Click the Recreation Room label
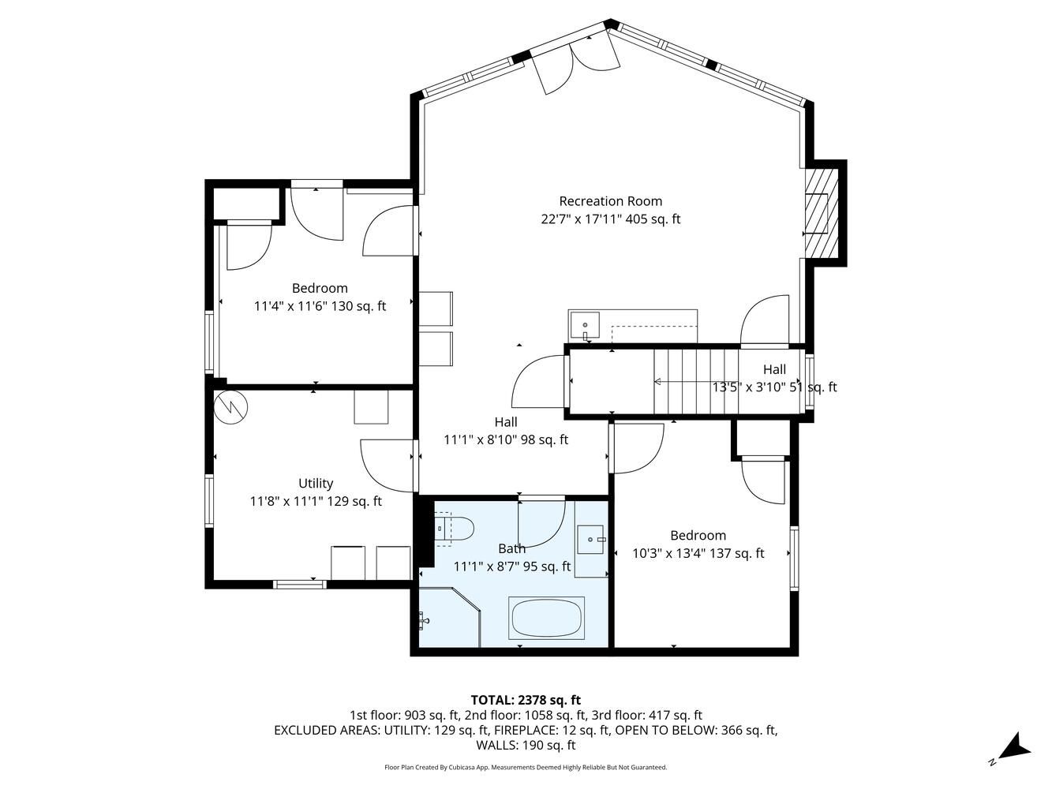[x=610, y=200]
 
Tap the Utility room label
[x=316, y=484]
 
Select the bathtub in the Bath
[x=546, y=618]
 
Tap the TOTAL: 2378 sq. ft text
[x=526, y=700]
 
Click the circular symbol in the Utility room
[x=231, y=407]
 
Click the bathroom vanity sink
[x=590, y=540]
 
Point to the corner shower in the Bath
[x=450, y=617]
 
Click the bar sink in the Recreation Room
[x=585, y=326]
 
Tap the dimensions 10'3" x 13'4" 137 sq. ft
[x=698, y=553]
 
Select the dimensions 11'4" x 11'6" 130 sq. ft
[x=320, y=306]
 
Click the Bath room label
[x=512, y=548]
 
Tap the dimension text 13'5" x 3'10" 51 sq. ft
[x=774, y=387]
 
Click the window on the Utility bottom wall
[x=300, y=585]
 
